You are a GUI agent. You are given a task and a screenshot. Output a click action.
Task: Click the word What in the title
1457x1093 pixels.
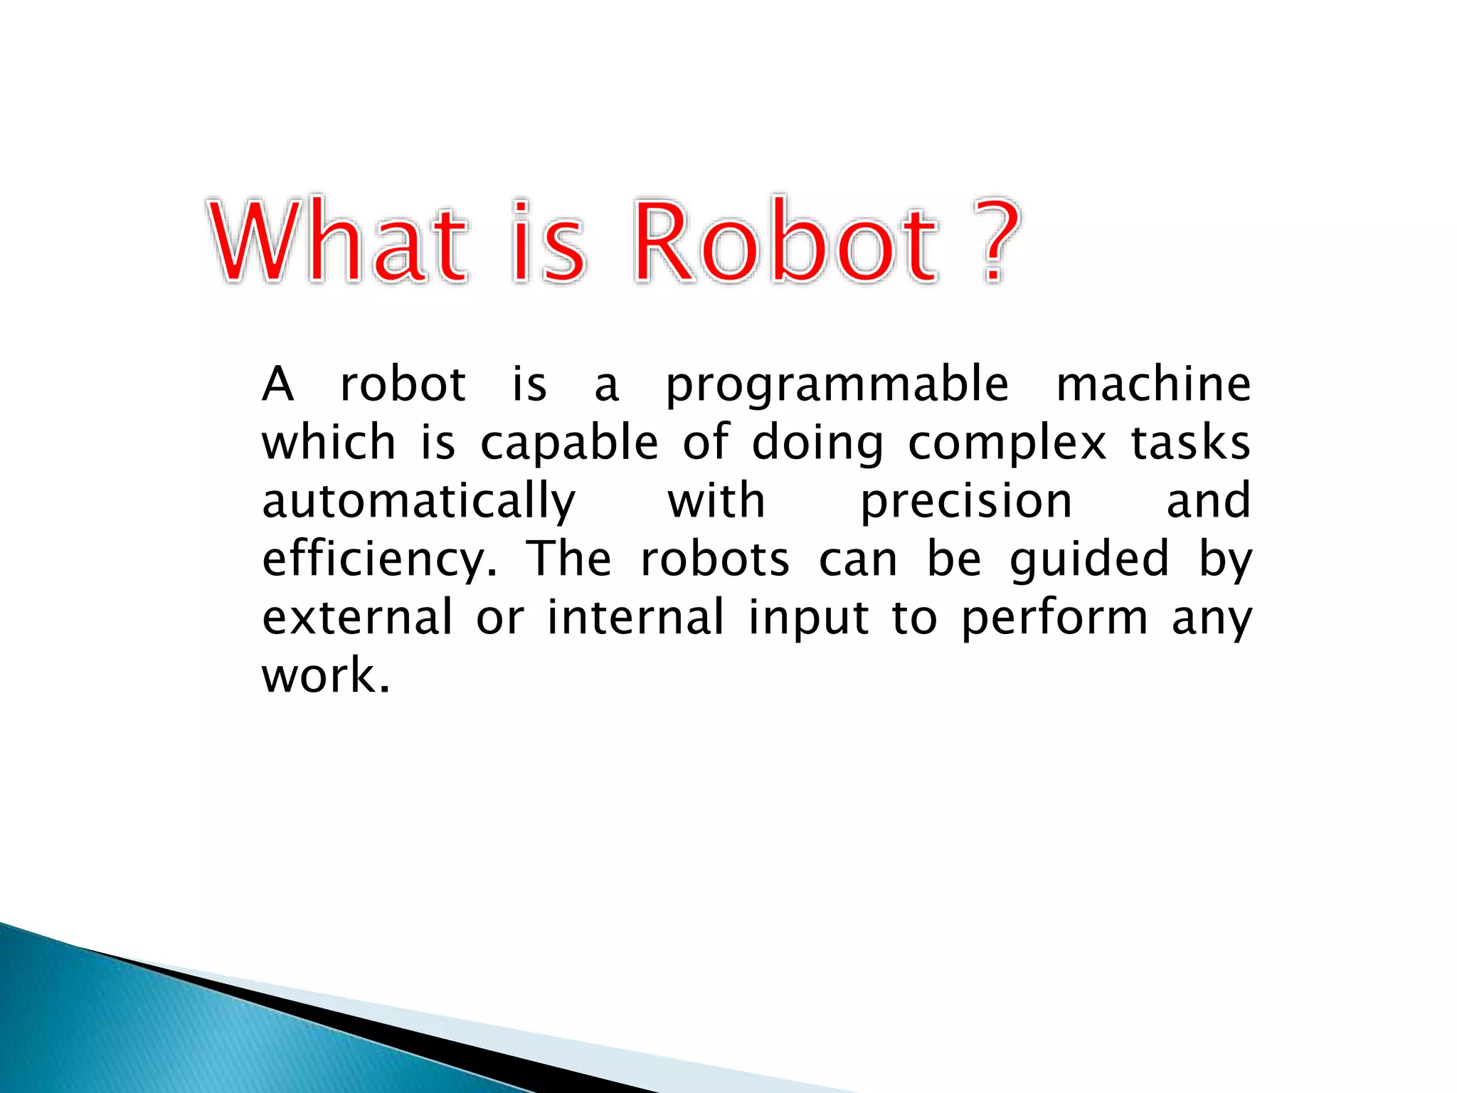[339, 242]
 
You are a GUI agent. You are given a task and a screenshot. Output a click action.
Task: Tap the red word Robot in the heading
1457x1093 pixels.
[785, 242]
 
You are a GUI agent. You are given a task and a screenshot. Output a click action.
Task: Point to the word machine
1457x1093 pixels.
[1153, 384]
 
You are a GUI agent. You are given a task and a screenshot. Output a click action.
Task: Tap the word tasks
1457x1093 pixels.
[1190, 443]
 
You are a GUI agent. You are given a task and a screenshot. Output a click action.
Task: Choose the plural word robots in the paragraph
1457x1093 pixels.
[714, 559]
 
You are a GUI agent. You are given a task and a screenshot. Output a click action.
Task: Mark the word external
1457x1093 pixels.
[357, 618]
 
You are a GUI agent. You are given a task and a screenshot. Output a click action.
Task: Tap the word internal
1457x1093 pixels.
[635, 618]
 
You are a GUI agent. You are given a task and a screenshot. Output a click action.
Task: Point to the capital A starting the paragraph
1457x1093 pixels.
[278, 384]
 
